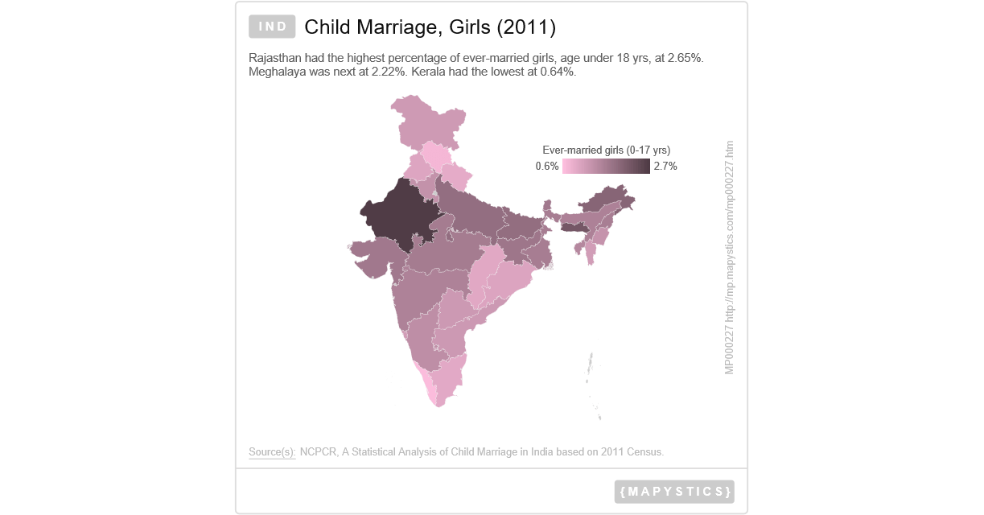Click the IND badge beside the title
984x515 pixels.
point(273,27)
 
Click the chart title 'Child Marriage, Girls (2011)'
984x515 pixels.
point(430,27)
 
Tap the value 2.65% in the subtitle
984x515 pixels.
point(686,59)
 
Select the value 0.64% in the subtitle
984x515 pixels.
point(557,72)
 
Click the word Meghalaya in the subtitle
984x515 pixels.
point(276,72)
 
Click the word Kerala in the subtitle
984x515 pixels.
point(428,72)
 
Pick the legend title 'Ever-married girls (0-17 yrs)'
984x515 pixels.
point(606,150)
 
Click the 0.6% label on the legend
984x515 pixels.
point(547,167)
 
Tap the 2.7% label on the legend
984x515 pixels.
point(665,167)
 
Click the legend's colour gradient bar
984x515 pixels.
point(606,167)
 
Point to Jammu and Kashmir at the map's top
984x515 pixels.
point(426,121)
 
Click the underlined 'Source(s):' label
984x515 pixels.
point(272,452)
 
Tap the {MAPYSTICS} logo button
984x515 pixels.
point(674,491)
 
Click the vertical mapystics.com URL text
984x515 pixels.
point(729,257)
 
